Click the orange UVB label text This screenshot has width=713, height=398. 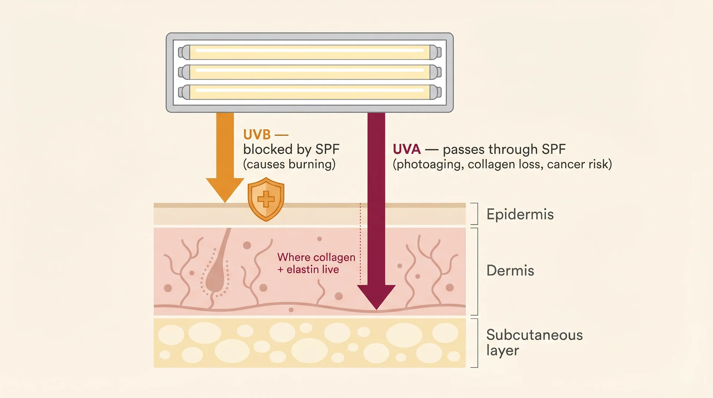(x=257, y=134)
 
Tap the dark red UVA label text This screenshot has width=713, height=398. (x=407, y=149)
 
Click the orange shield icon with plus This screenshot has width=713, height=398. (x=266, y=199)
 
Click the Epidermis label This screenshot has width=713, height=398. (x=520, y=214)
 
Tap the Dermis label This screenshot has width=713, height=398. (x=510, y=270)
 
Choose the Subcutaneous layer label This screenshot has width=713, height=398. (x=534, y=342)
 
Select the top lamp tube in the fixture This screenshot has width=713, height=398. (x=309, y=52)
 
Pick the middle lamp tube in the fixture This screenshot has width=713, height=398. (x=309, y=72)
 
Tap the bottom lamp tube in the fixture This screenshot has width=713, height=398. (x=309, y=92)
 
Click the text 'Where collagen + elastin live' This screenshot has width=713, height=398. (x=316, y=263)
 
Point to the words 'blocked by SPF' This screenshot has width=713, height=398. (x=291, y=149)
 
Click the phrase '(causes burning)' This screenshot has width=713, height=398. (x=289, y=164)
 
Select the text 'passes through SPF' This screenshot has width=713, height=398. (x=504, y=149)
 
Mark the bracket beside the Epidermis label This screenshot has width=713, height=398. (x=475, y=214)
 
